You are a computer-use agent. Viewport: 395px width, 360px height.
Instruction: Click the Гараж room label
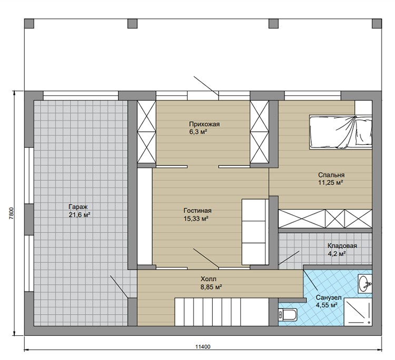(78, 207)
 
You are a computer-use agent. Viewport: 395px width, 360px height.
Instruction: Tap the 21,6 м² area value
(80, 215)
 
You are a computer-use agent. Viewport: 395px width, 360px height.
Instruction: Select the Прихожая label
(204, 124)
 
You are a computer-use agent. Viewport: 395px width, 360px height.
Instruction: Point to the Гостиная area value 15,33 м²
(196, 219)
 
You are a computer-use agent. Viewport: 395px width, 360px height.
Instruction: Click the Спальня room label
(331, 174)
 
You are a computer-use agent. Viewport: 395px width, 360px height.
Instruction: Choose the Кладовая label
(342, 246)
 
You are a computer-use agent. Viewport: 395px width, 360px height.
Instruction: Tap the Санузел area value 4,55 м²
(327, 305)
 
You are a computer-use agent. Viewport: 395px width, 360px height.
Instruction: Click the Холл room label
(209, 279)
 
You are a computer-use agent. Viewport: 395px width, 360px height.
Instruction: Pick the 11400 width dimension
(203, 347)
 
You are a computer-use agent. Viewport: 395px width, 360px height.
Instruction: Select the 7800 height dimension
(11, 214)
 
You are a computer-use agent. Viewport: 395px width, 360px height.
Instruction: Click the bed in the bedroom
(341, 132)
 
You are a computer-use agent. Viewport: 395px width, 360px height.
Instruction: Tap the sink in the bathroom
(365, 284)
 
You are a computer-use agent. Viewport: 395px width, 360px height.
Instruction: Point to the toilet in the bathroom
(288, 315)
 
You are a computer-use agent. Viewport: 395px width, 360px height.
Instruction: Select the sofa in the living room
(255, 232)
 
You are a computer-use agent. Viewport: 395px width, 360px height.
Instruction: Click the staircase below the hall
(222, 312)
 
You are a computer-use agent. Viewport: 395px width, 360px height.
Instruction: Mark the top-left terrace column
(29, 23)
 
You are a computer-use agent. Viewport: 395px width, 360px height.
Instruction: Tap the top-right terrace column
(377, 23)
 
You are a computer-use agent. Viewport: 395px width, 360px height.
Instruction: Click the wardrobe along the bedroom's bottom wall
(325, 219)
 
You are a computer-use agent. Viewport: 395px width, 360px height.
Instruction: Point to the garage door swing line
(119, 287)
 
